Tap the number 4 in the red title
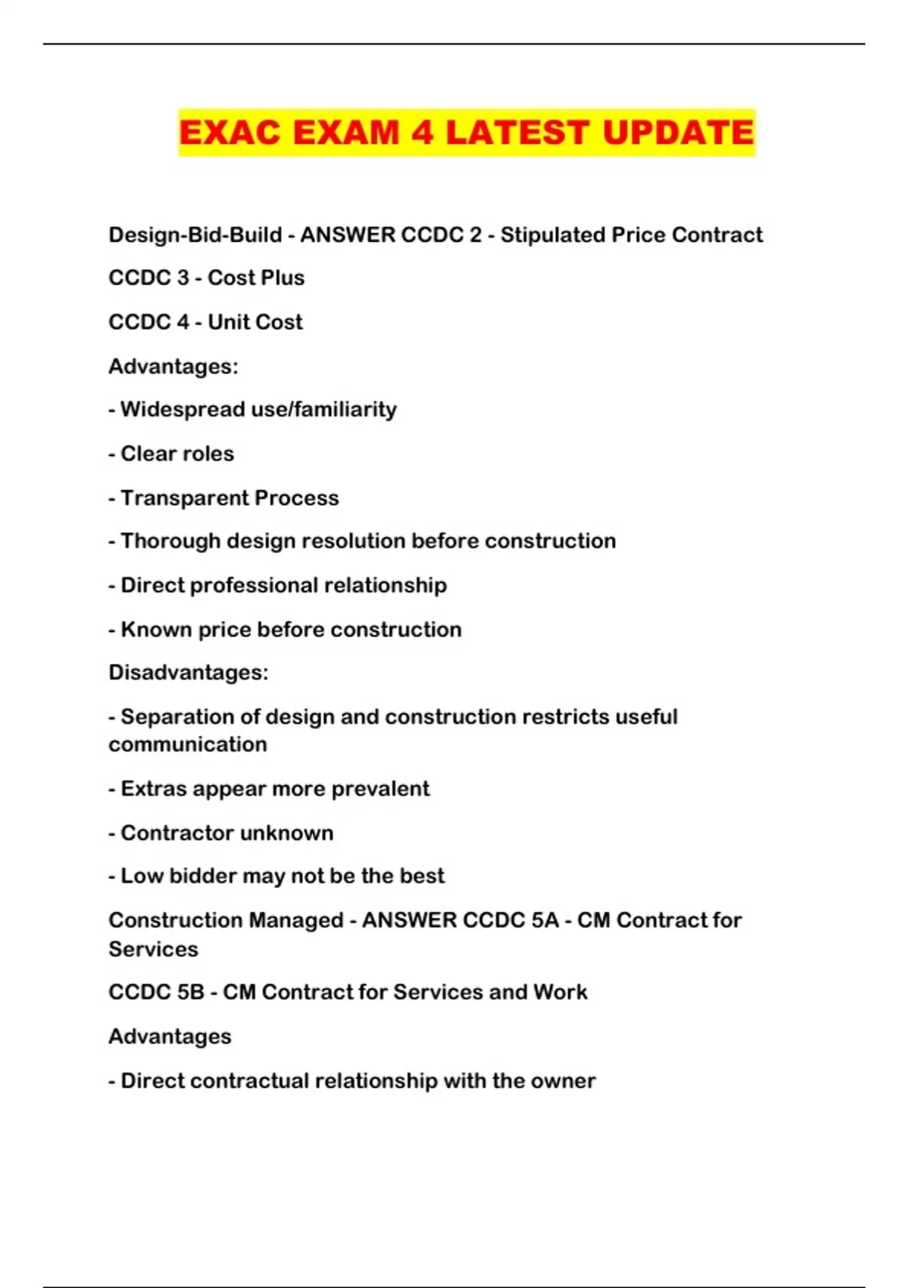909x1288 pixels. (x=423, y=133)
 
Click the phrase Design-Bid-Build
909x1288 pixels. (x=195, y=235)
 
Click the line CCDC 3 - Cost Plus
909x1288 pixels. (x=206, y=278)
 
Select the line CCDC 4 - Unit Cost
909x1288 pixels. (x=205, y=322)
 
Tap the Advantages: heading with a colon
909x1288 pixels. (x=173, y=367)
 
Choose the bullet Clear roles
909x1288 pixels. (x=176, y=454)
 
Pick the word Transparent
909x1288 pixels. (x=184, y=498)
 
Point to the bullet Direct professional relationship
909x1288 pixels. (x=283, y=585)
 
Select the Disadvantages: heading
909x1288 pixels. (x=188, y=673)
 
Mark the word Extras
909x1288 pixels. (x=154, y=789)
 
